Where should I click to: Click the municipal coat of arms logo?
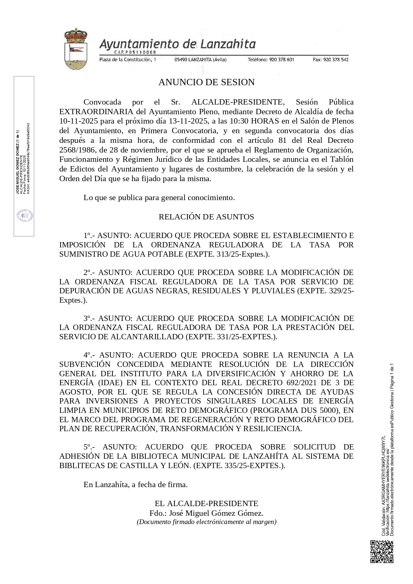76,49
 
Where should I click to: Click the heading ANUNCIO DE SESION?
206,82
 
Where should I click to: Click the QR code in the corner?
382,552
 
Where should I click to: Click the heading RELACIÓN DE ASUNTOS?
206,217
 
